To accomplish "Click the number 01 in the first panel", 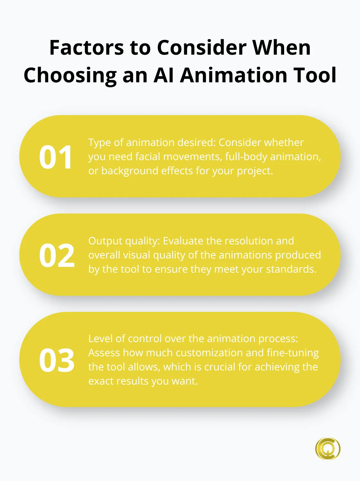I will (56, 157).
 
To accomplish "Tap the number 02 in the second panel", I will (57, 256).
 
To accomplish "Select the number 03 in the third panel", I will (57, 360).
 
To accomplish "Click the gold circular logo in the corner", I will (328, 449).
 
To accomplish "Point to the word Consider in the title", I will (202, 48).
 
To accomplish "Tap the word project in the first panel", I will (254, 171).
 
